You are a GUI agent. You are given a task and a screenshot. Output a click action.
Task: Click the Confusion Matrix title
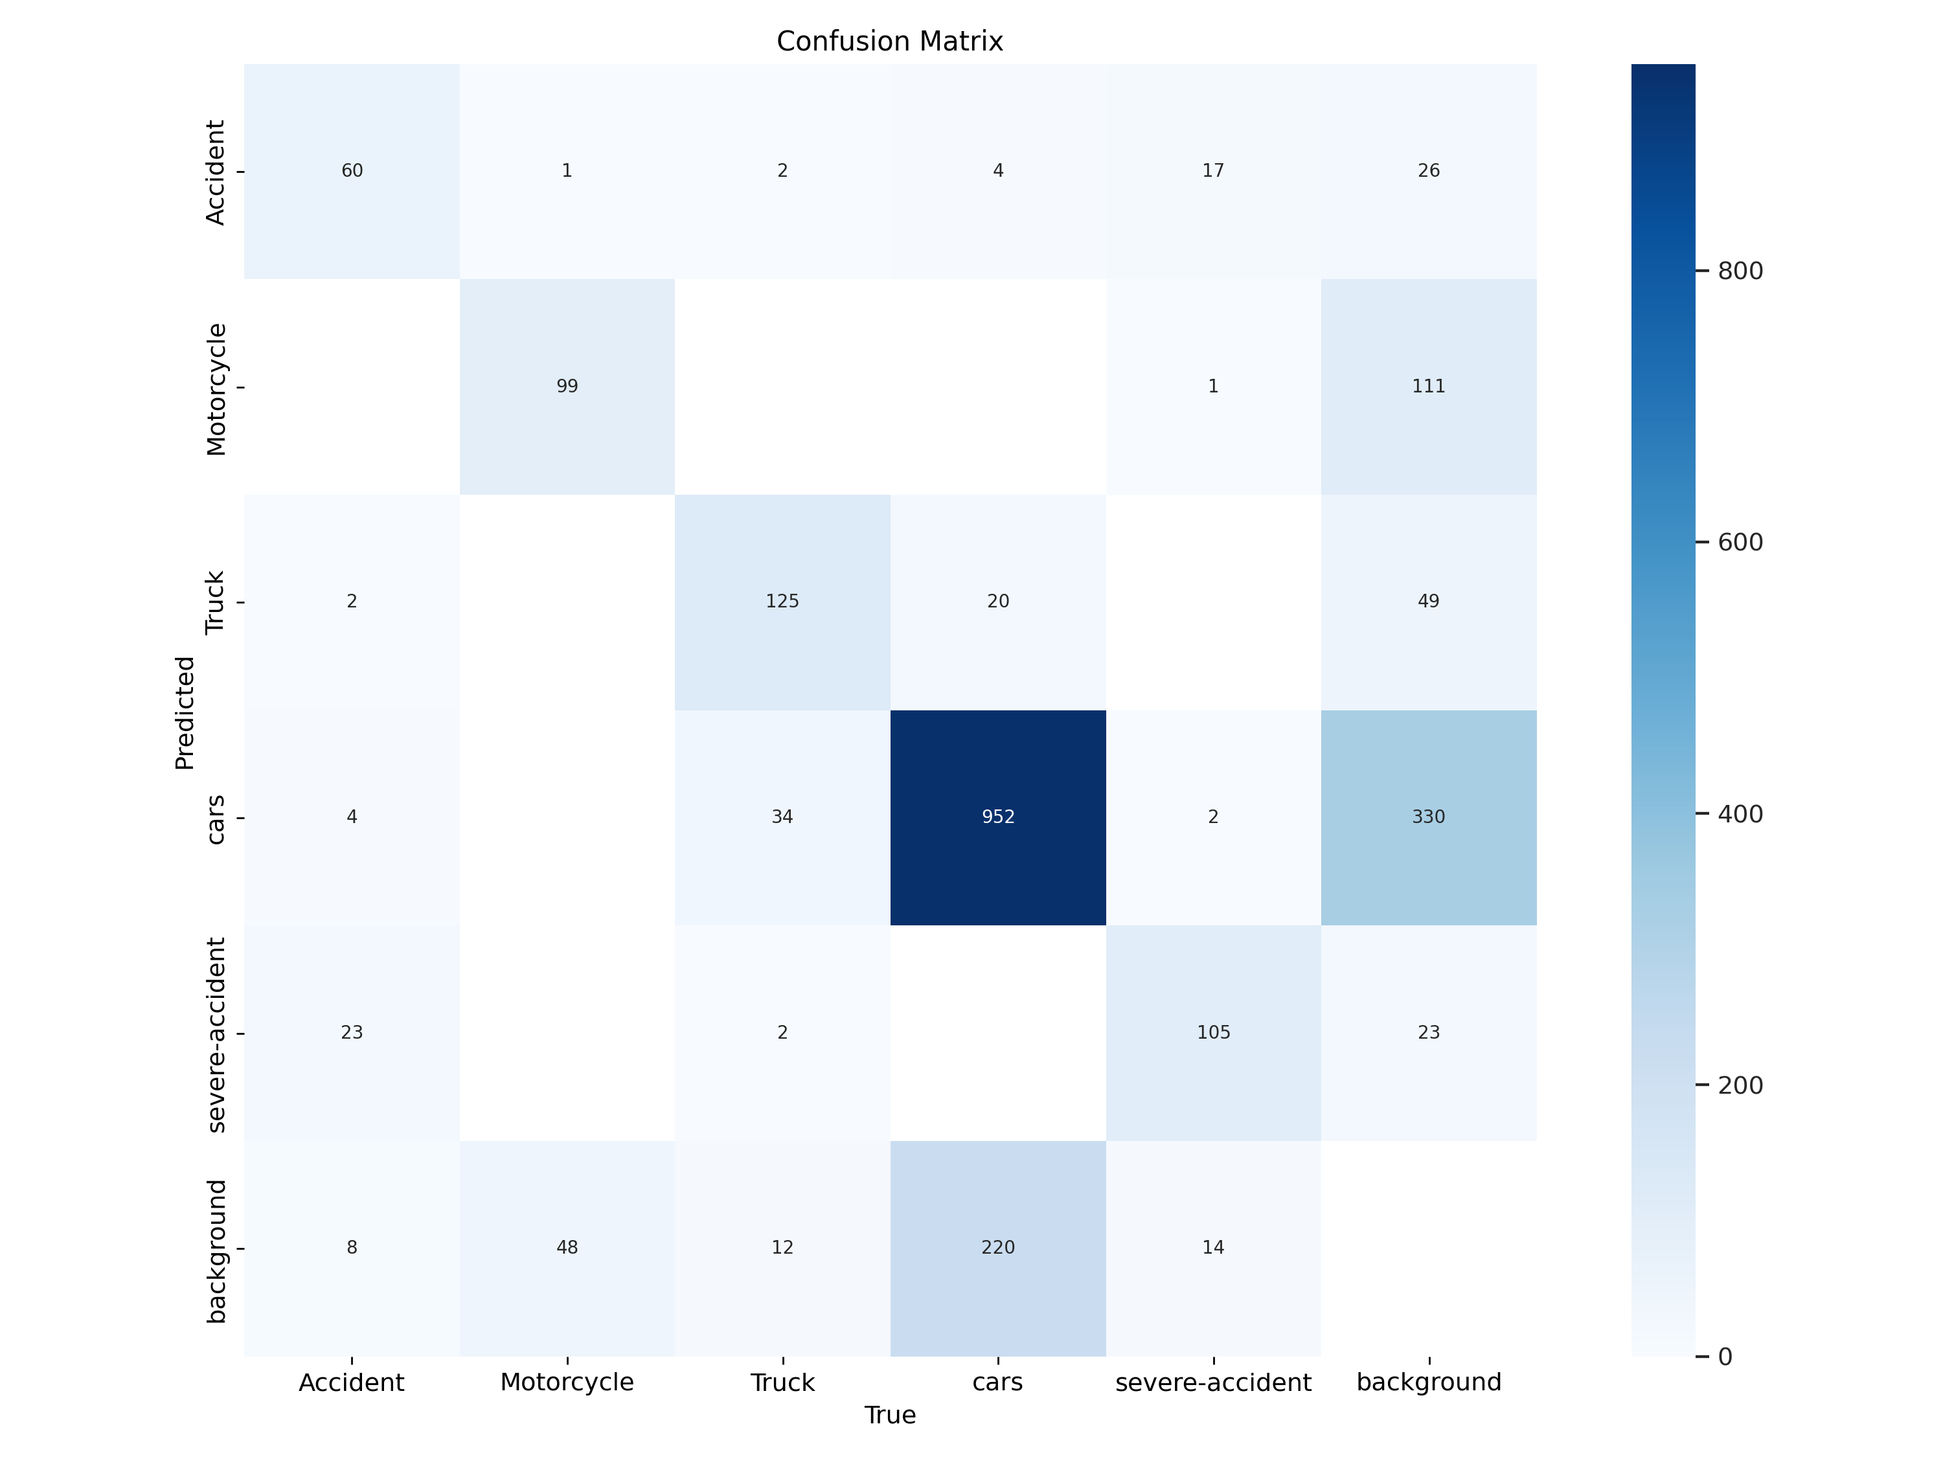pos(889,41)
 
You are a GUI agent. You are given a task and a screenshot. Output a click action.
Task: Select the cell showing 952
pos(998,817)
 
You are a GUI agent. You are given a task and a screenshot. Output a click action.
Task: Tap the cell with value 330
pos(1428,817)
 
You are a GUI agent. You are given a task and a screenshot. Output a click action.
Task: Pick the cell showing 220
pos(998,1247)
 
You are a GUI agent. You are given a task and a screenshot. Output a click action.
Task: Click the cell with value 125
pos(782,602)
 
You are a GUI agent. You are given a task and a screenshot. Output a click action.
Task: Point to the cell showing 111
pos(1428,387)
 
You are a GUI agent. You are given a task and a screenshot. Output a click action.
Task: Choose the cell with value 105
pos(1213,1032)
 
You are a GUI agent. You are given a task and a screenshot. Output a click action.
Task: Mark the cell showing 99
pos(567,387)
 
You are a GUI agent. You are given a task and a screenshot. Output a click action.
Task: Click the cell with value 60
pos(351,170)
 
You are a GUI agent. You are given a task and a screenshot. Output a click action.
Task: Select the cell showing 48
pos(567,1247)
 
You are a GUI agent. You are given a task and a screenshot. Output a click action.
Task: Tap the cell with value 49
pos(1428,602)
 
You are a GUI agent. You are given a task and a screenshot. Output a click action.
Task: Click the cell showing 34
pos(782,817)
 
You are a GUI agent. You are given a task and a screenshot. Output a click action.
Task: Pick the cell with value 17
pos(1213,170)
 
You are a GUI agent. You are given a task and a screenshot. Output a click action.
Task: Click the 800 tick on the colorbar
pos(1739,271)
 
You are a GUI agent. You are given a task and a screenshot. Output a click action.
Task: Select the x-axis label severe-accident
pos(1213,1383)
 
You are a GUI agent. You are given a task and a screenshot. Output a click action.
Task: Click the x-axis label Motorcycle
pos(567,1383)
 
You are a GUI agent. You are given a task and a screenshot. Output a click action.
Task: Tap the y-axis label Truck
pos(215,602)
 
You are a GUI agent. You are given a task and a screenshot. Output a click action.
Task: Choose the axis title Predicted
pos(185,712)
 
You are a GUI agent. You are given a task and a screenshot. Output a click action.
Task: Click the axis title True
pos(890,1415)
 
